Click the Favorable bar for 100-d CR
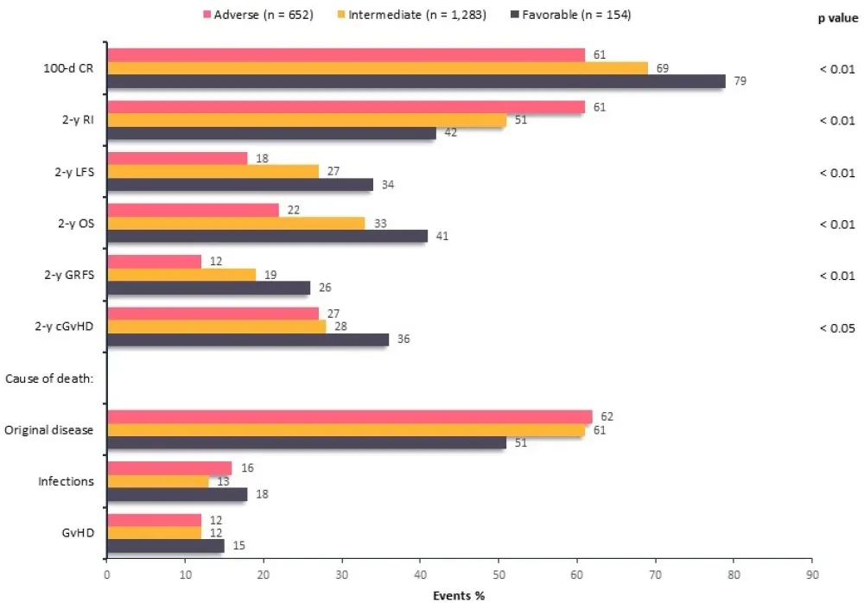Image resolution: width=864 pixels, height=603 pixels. (x=415, y=81)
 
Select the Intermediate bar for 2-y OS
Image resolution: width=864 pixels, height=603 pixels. (x=236, y=223)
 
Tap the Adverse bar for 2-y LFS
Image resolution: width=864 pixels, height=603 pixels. (x=176, y=158)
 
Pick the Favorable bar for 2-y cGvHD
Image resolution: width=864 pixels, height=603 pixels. (x=247, y=340)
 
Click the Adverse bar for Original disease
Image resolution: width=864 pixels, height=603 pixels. (x=349, y=417)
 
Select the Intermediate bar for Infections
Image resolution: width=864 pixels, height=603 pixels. (x=157, y=481)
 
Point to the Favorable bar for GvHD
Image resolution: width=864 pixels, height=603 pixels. (x=165, y=546)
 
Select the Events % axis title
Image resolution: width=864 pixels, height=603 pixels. (x=459, y=594)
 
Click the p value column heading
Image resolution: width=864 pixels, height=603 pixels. (x=837, y=17)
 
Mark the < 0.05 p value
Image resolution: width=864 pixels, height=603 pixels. (x=836, y=327)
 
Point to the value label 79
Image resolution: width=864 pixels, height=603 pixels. (x=740, y=81)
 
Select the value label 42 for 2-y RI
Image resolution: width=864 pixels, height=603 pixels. (x=450, y=132)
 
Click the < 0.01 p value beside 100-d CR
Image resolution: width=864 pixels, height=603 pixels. (x=836, y=68)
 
